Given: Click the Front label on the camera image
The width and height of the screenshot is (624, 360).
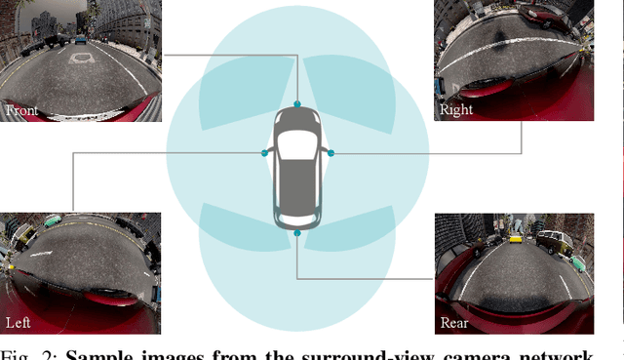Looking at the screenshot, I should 21,110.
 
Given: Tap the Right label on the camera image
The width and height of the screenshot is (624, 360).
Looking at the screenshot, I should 456,109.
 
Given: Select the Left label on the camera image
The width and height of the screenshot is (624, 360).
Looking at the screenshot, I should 19,322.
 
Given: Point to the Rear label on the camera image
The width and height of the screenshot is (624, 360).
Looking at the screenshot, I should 454,323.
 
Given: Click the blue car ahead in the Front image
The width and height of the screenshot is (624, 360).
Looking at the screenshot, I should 79,40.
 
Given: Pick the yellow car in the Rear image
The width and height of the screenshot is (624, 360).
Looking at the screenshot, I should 516,238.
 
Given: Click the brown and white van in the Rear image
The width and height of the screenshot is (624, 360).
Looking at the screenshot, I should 551,240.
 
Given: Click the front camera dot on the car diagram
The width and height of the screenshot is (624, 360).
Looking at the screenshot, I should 297,104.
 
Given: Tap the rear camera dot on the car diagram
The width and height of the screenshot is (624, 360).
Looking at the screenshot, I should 297,232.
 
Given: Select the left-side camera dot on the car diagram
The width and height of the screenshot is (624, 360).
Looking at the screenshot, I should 264,152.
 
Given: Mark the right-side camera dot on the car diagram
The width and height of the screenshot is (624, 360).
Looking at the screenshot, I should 331,153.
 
